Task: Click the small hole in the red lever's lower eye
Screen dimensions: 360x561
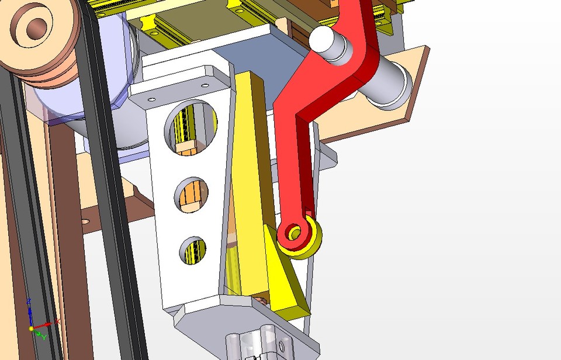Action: click(295, 234)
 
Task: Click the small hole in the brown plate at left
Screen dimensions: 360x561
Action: click(85, 221)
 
